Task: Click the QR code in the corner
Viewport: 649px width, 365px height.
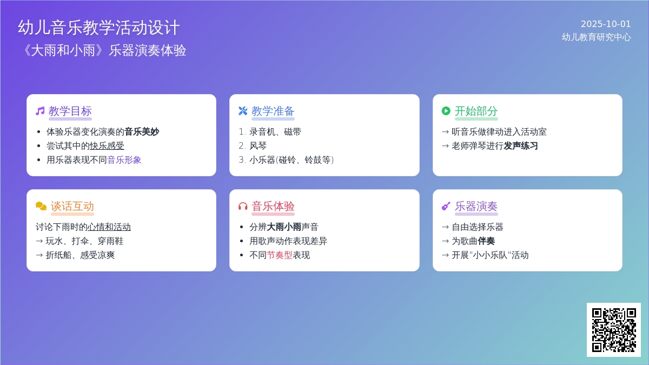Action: point(614,330)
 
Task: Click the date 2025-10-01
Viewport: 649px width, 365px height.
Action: point(606,24)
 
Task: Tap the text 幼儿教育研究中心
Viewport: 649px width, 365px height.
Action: point(596,37)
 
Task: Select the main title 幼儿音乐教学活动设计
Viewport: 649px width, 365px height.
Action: point(99,28)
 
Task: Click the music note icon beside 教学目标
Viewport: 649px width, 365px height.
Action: point(40,111)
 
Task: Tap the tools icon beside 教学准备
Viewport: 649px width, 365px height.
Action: point(243,111)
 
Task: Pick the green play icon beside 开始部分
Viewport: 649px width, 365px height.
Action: point(446,111)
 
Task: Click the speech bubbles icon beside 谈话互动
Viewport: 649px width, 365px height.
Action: point(41,206)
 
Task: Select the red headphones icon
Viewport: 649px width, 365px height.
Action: point(243,206)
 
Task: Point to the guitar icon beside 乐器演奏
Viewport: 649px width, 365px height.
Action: point(446,206)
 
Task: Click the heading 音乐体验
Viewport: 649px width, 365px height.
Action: point(273,206)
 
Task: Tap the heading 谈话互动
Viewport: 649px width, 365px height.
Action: point(72,206)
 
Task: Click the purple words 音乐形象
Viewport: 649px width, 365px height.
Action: point(124,160)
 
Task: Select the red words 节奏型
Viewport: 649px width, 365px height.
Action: point(280,255)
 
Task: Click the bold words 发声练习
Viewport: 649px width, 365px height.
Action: point(521,145)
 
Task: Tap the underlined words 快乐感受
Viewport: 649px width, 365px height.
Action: point(107,145)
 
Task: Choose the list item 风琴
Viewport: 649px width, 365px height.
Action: point(258,145)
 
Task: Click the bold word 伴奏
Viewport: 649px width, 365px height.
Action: point(486,241)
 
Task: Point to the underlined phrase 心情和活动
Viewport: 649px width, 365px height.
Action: point(109,227)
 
